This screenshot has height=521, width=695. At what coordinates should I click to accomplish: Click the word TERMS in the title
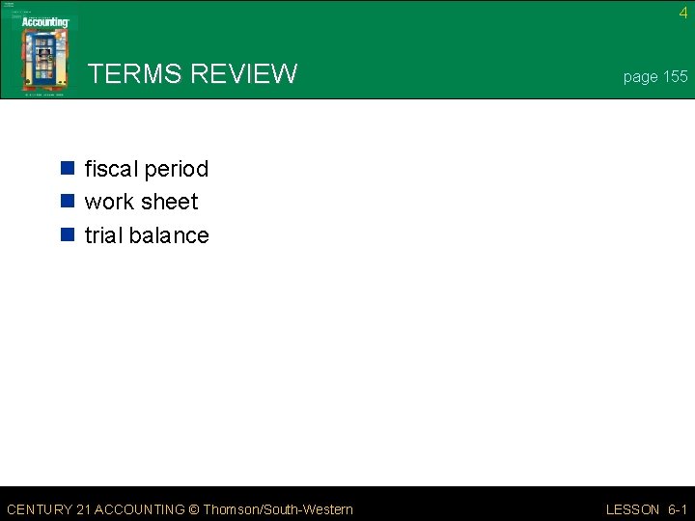(x=135, y=73)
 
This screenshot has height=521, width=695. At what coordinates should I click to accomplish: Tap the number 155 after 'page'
(x=675, y=76)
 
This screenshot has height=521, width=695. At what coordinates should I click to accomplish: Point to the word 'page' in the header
(x=640, y=77)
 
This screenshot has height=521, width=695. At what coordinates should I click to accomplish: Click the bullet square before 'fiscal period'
(x=68, y=170)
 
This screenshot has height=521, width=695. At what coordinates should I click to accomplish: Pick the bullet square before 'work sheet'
(x=68, y=203)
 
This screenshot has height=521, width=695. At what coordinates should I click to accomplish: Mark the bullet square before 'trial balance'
(x=68, y=235)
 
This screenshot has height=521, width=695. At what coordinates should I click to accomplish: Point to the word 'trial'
(x=102, y=235)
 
